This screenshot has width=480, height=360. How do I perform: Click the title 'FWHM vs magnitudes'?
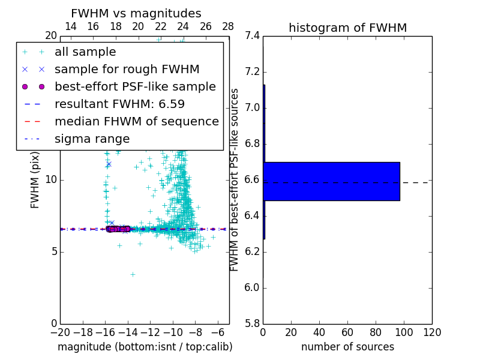[136, 13]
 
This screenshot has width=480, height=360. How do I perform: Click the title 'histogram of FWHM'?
[347, 28]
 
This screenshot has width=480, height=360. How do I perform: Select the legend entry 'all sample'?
[85, 52]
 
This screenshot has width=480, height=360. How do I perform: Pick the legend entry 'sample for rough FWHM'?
[127, 69]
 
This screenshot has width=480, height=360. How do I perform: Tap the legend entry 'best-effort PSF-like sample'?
[135, 86]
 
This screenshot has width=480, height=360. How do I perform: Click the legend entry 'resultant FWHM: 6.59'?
[119, 104]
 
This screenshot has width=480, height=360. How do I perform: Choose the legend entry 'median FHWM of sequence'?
[136, 121]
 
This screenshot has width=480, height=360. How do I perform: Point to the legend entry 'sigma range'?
[92, 139]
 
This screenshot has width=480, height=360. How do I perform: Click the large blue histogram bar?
[331, 181]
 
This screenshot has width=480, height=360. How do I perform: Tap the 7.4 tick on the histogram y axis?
[252, 36]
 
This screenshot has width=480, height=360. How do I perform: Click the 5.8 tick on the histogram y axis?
[252, 323]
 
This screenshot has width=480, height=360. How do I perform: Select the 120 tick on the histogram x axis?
[432, 332]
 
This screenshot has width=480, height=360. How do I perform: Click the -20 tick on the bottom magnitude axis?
[60, 332]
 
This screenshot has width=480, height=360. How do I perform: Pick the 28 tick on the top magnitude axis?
[229, 26]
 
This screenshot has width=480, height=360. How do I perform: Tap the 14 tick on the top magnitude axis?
[70, 26]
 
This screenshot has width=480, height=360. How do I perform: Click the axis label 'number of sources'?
[347, 347]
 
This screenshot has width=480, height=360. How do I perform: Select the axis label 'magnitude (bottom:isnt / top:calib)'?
[145, 347]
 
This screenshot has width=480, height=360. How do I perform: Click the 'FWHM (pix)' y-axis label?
[35, 179]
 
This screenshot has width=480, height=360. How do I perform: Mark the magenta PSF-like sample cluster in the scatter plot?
[118, 229]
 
